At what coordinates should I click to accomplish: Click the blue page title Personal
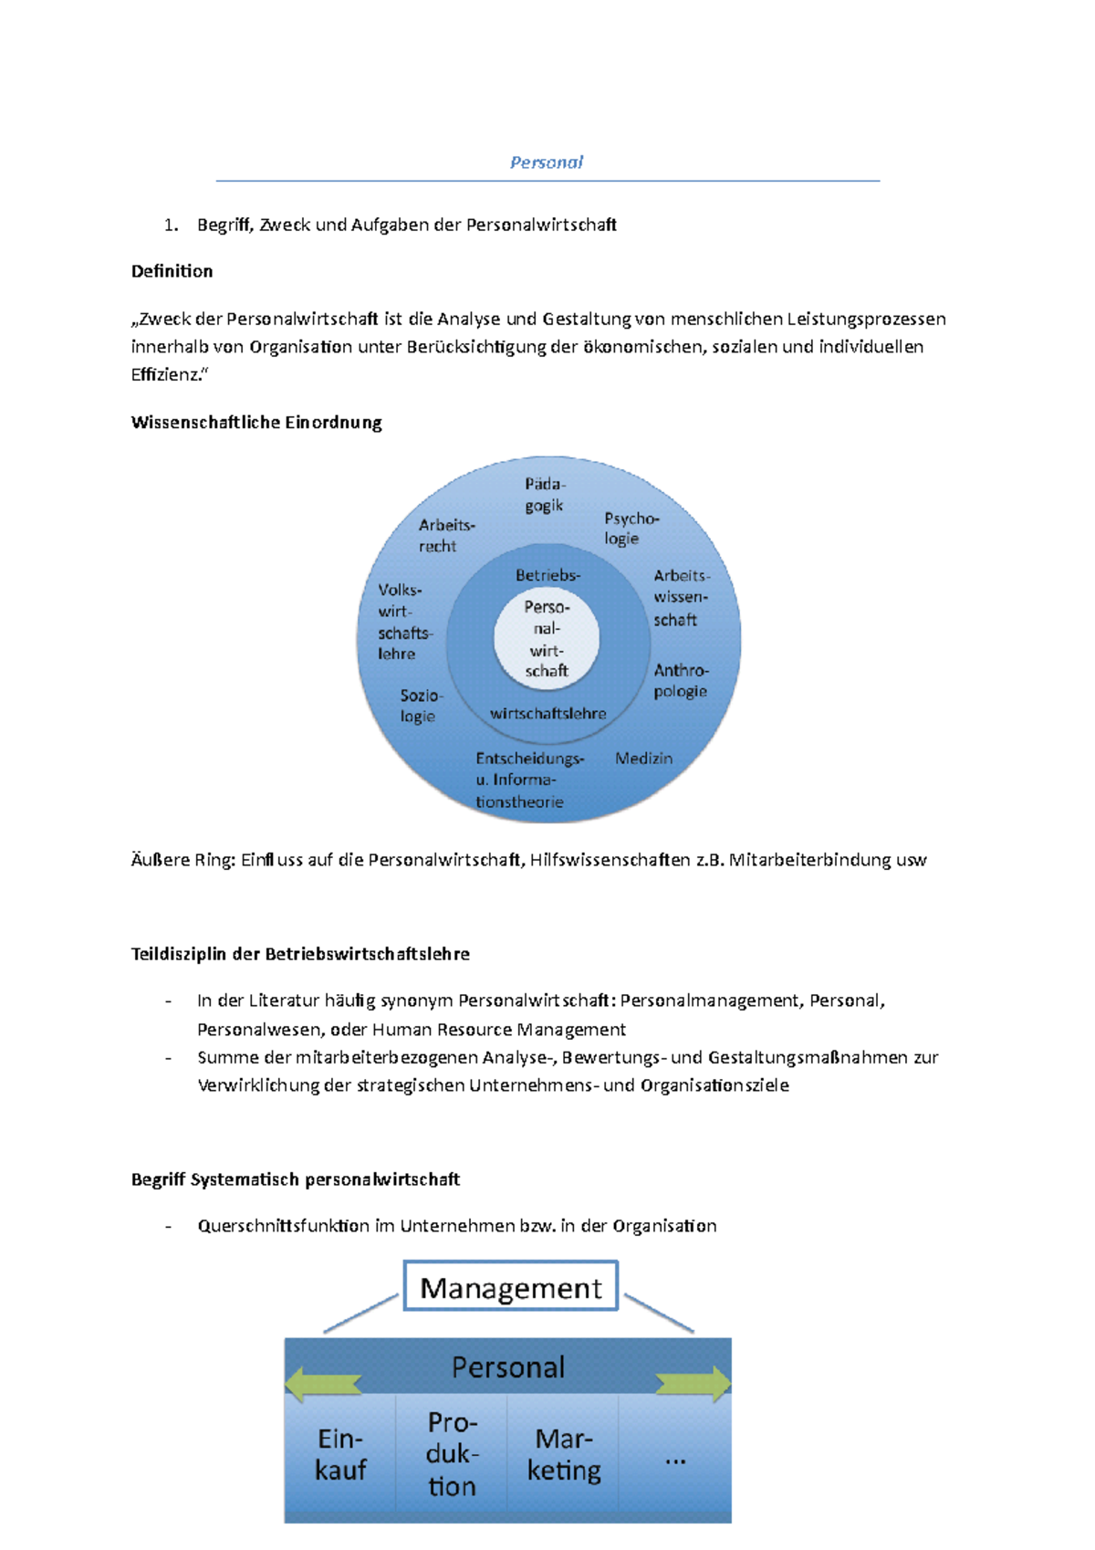point(546,162)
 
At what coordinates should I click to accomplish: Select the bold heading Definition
point(172,271)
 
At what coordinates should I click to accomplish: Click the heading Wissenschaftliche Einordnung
point(256,423)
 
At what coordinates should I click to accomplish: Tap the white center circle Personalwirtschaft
point(547,638)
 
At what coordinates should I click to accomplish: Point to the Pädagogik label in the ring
point(545,495)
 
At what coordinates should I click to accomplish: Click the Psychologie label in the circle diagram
point(630,529)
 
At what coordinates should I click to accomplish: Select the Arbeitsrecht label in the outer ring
point(445,536)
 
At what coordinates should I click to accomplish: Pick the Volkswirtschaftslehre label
point(404,622)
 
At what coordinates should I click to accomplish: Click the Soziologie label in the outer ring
point(421,706)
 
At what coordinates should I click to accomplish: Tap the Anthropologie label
point(681,681)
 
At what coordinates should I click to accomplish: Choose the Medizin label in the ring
point(643,759)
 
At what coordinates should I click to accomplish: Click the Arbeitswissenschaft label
point(681,598)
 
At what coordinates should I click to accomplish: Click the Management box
point(510,1287)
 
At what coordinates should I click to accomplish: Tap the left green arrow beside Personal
point(323,1384)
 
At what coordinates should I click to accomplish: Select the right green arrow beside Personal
point(693,1384)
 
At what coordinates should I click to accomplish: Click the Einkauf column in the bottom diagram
point(340,1454)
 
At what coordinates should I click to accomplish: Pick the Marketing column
point(563,1454)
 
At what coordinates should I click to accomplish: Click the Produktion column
point(452,1454)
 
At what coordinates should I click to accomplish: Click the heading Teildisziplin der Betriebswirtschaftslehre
point(300,954)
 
